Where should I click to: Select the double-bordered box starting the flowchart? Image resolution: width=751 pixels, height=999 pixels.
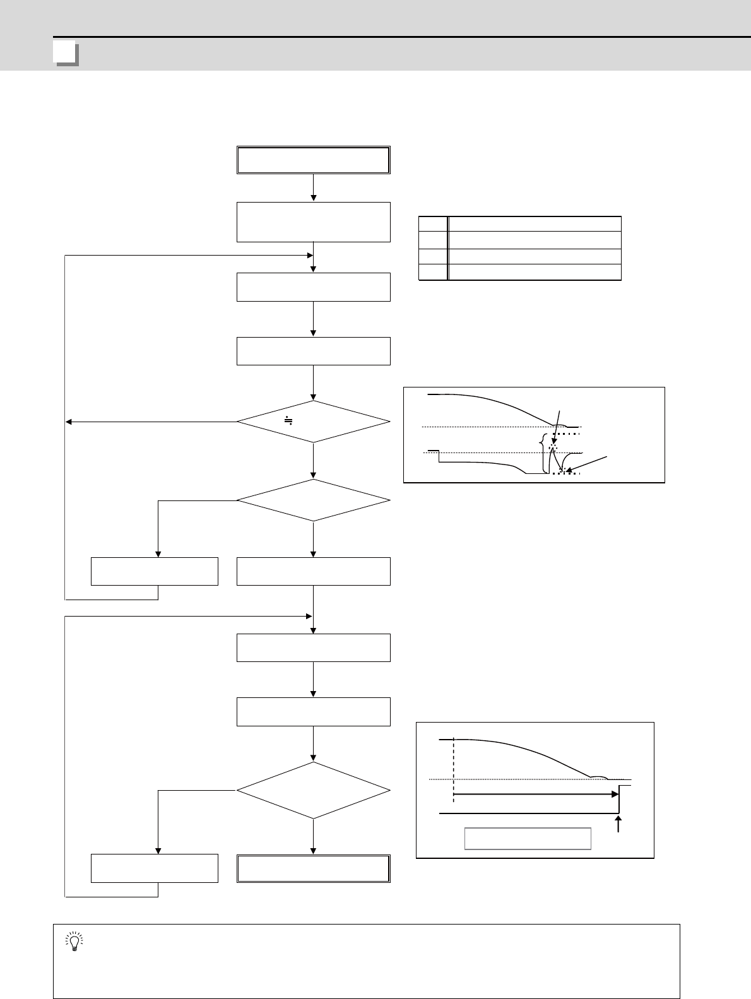(x=313, y=160)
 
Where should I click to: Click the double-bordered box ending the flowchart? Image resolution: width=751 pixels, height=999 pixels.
(x=313, y=868)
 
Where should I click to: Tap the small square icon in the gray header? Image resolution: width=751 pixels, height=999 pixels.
(x=66, y=54)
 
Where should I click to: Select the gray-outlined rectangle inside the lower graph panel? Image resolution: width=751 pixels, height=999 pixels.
(x=528, y=839)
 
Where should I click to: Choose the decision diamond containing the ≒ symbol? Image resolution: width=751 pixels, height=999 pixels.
(x=313, y=422)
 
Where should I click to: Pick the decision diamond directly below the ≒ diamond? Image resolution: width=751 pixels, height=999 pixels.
(x=313, y=500)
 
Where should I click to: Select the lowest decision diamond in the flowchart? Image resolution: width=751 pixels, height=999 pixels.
(x=313, y=791)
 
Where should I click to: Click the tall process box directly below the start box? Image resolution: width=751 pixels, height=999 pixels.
(x=313, y=222)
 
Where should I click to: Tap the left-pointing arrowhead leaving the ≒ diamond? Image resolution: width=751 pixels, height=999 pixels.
(x=69, y=422)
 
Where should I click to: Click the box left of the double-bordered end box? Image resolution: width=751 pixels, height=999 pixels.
(x=155, y=868)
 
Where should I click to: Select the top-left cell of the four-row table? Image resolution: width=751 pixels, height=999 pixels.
(x=433, y=224)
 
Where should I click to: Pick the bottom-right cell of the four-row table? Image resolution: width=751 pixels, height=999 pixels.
(x=534, y=272)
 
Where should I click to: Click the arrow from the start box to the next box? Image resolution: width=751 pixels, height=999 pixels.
(x=313, y=187)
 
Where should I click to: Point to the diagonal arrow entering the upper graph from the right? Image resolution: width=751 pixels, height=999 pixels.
(x=587, y=463)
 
